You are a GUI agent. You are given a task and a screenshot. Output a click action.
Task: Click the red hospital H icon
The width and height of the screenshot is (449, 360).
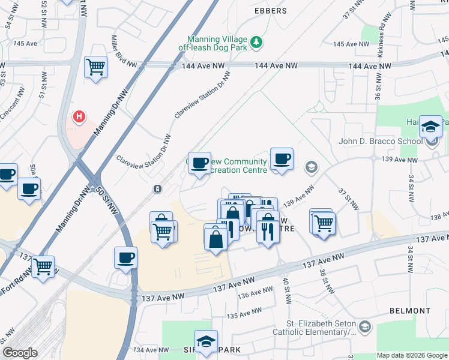coord(78,116)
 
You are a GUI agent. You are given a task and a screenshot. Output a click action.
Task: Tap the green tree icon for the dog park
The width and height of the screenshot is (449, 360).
coord(257,42)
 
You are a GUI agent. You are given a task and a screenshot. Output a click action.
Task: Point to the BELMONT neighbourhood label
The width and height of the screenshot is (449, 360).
coord(410,311)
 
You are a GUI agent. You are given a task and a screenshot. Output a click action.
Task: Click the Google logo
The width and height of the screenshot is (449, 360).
coord(20,353)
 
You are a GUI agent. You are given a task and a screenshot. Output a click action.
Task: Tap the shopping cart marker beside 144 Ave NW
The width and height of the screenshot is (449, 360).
coord(95,67)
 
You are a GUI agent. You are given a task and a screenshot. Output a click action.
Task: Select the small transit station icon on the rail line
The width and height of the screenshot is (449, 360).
coord(157,189)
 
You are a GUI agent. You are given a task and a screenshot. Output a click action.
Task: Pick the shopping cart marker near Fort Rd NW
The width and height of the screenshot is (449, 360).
coord(43,266)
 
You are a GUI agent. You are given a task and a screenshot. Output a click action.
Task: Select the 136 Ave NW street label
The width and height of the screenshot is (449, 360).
coord(252,294)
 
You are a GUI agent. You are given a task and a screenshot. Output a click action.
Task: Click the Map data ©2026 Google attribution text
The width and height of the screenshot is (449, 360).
coord(411,355)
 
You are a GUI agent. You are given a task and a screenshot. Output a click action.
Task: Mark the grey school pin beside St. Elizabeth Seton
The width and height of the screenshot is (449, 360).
coord(366,327)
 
